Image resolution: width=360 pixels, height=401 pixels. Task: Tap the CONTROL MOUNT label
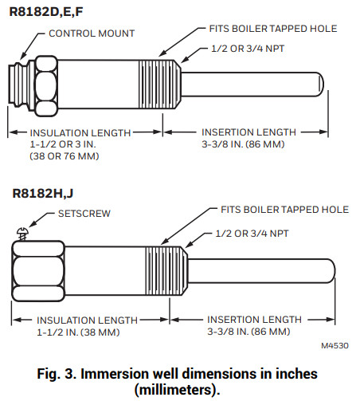click(x=92, y=33)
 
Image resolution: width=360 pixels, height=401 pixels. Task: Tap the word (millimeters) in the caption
click(x=178, y=389)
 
